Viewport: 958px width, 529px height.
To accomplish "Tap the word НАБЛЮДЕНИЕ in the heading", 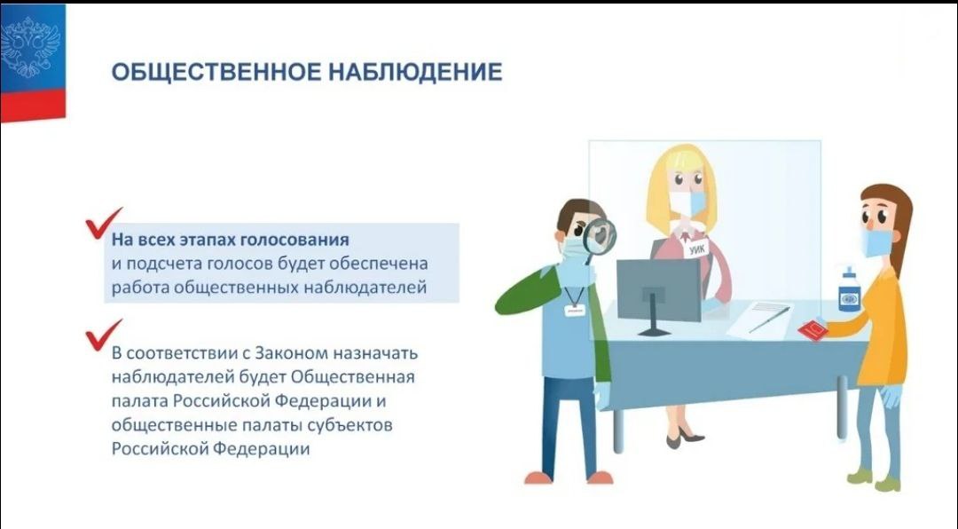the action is [x=415, y=72].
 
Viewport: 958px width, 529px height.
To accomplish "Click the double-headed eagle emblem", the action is [x=30, y=47].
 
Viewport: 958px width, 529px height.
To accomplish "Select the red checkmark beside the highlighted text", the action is [x=103, y=223].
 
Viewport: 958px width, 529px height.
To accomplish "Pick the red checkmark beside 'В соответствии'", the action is [x=103, y=335].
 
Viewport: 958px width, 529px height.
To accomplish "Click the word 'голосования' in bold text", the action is [x=294, y=240].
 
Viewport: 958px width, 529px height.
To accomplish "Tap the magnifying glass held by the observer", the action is [x=598, y=240].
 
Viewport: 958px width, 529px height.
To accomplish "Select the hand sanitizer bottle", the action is [x=849, y=290].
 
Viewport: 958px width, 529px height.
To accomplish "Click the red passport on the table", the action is [x=812, y=331].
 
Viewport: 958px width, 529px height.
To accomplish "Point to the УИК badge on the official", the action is [x=696, y=249].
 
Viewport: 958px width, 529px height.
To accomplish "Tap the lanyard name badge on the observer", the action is [x=574, y=310].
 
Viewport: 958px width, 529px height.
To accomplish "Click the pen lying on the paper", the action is [x=769, y=320].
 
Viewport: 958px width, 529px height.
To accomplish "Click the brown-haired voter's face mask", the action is [x=877, y=243].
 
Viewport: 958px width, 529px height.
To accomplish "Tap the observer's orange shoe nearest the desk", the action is [x=600, y=477].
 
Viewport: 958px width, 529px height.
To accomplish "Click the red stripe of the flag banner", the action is [x=33, y=105].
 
